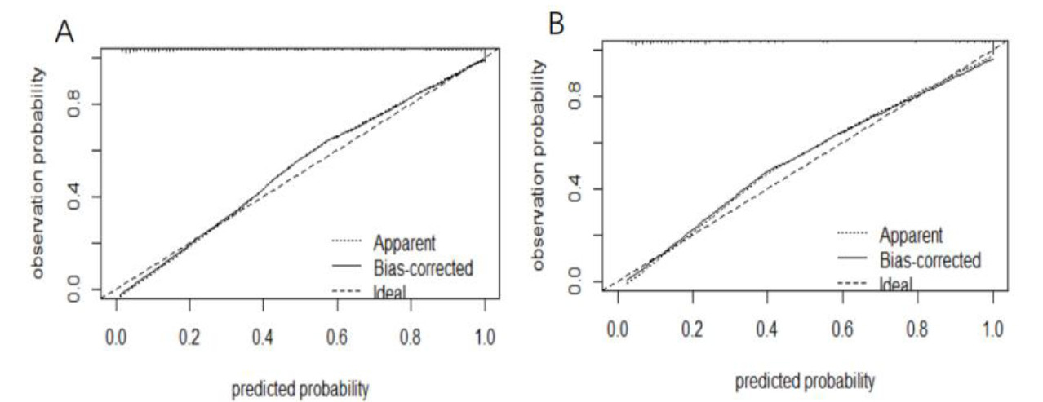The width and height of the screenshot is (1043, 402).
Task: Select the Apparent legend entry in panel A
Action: tap(404, 242)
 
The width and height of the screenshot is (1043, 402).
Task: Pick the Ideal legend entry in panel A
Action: tap(390, 289)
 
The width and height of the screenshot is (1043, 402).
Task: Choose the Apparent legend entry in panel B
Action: tap(910, 235)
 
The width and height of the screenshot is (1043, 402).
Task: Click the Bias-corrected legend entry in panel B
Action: tap(929, 260)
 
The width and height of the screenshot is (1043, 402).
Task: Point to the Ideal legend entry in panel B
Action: tap(895, 284)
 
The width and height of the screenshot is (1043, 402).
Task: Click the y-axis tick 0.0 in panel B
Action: tap(573, 282)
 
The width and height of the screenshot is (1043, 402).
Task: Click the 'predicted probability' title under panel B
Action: tap(805, 380)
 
